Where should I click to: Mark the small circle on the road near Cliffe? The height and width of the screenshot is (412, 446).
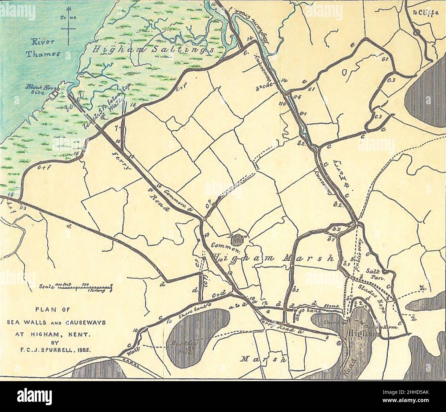416,33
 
